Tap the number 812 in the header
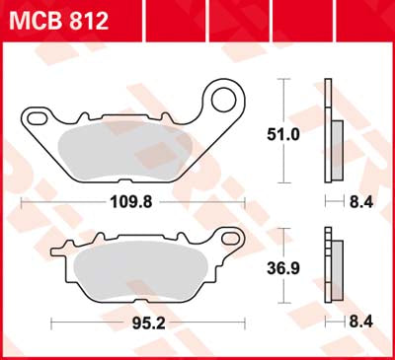(88, 19)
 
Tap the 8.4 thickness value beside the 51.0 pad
(358, 205)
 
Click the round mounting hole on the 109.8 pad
(228, 100)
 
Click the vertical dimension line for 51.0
(286, 99)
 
